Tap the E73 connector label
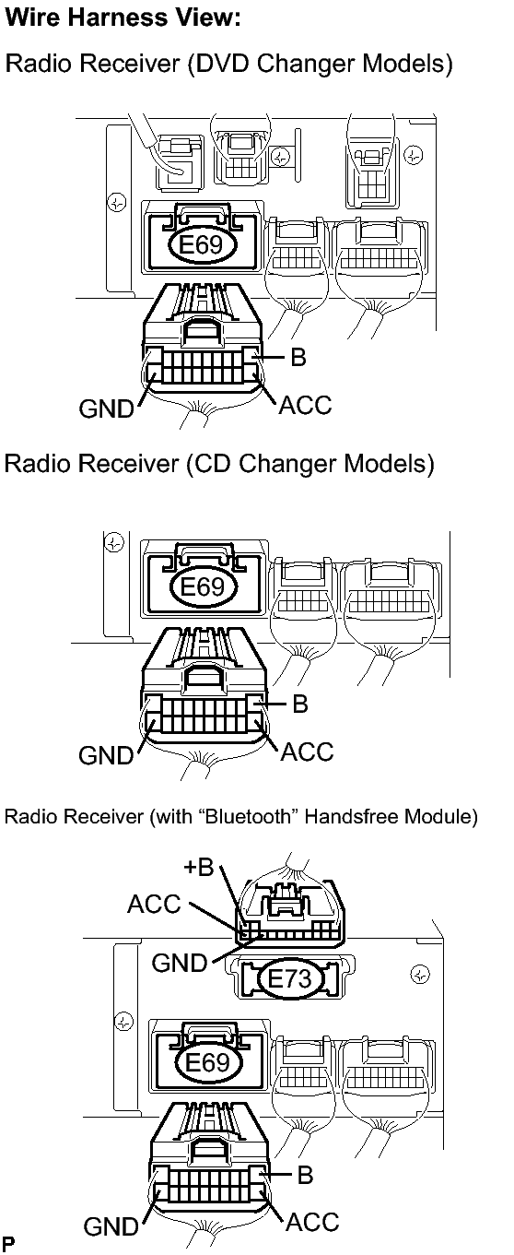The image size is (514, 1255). [x=289, y=978]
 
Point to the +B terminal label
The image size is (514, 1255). [x=199, y=867]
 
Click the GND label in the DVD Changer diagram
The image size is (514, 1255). [x=106, y=408]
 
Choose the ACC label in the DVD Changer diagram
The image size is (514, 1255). [x=305, y=405]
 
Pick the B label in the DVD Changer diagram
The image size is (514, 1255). [x=298, y=357]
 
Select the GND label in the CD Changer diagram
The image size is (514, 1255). [x=106, y=754]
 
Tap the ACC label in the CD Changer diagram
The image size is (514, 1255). [x=307, y=752]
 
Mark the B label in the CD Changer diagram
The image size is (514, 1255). [x=300, y=704]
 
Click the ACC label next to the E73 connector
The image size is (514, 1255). [x=154, y=904]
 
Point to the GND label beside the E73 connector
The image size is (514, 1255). [x=180, y=963]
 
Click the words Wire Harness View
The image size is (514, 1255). [x=123, y=18]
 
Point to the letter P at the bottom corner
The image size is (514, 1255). [x=8, y=1244]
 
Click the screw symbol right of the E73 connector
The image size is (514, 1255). [x=420, y=975]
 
